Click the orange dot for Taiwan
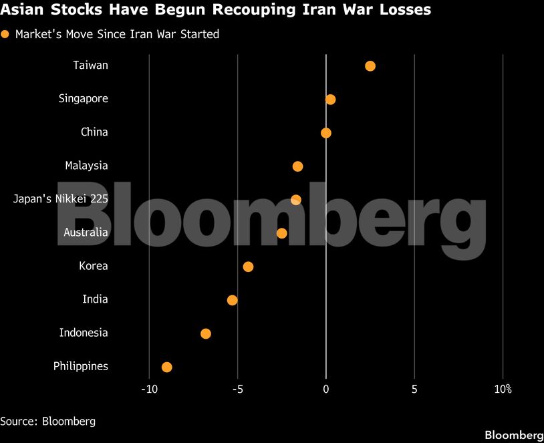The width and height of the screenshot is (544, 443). [x=370, y=66]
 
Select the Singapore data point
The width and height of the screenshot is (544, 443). [x=330, y=100]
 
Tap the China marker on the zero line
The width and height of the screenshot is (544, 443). [x=326, y=133]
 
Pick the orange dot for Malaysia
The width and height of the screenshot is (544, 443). [x=297, y=166]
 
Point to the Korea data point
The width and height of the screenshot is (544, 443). [x=248, y=267]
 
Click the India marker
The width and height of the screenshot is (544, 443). [x=232, y=300]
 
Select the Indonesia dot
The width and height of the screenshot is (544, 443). [x=206, y=333]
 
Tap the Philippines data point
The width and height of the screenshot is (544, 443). [x=167, y=367]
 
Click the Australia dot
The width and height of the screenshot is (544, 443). [x=281, y=233]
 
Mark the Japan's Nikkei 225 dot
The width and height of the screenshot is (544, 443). [x=296, y=200]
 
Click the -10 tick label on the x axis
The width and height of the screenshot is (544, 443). [x=148, y=390]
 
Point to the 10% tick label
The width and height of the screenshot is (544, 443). [x=503, y=390]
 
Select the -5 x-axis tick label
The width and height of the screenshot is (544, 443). [x=237, y=390]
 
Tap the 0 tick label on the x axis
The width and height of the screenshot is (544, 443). [x=326, y=390]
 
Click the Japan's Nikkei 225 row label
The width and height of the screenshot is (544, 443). [x=61, y=199]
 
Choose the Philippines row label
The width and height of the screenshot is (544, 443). [x=81, y=366]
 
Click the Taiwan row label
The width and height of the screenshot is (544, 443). [x=91, y=65]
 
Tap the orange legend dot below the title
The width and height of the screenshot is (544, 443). [x=5, y=34]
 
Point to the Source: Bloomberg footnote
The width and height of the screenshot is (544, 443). [x=47, y=421]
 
